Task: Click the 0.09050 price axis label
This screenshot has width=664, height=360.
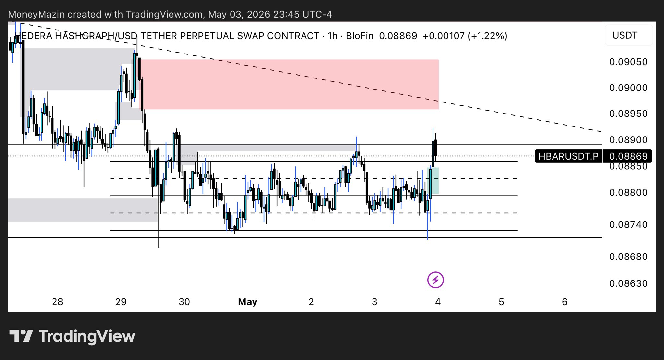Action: [x=628, y=62]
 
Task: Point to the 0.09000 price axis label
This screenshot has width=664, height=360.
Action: [x=628, y=88]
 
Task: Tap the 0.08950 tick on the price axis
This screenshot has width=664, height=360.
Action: [x=628, y=114]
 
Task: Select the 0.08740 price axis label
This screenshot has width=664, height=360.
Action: [x=628, y=224]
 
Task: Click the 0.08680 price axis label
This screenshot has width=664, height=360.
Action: [x=628, y=257]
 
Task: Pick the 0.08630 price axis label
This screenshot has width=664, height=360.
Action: [x=628, y=283]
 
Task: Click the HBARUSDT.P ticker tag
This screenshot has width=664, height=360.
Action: [x=568, y=156]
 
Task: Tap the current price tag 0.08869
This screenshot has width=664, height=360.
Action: [x=628, y=156]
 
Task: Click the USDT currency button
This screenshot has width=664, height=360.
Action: [x=625, y=35]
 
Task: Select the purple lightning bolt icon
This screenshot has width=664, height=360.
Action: [x=435, y=280]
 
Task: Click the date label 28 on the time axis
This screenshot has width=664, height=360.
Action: [x=57, y=302]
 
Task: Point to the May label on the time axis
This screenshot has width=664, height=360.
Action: [x=247, y=302]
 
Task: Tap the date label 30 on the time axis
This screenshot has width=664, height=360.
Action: [x=184, y=302]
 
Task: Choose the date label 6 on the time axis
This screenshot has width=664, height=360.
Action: [x=564, y=302]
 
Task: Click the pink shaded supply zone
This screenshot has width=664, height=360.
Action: [x=289, y=84]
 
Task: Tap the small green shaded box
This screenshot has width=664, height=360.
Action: [x=434, y=181]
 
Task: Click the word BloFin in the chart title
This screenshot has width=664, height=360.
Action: [x=360, y=36]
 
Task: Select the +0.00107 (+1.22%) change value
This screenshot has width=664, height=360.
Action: [x=465, y=36]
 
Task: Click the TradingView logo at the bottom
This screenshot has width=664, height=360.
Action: [x=72, y=336]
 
